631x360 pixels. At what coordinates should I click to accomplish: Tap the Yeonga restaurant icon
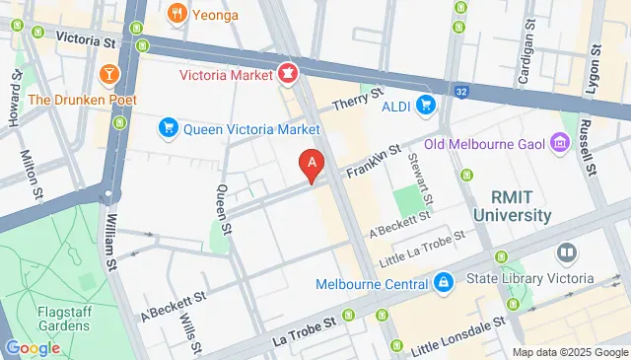(x=177, y=13)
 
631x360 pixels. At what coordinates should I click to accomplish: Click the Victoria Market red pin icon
(x=287, y=72)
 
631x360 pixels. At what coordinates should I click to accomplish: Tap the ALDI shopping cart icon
(x=426, y=104)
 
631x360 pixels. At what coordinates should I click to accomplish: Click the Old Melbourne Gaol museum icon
(x=560, y=144)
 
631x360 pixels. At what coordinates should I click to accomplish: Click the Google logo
(x=33, y=347)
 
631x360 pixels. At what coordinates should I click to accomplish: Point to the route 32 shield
(x=460, y=91)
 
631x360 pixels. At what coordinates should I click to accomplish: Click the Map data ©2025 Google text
(x=570, y=352)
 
